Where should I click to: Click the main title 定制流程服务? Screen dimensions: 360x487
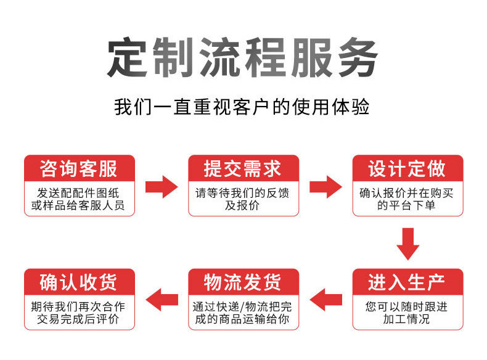click(x=242, y=58)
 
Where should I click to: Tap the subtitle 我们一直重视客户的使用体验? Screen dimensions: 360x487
click(x=242, y=107)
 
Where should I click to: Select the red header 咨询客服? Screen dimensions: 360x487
click(x=78, y=168)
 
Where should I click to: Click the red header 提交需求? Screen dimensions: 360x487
click(x=243, y=168)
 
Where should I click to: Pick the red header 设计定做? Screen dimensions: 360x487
click(x=407, y=168)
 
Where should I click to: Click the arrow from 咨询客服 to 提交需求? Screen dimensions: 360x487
click(x=161, y=186)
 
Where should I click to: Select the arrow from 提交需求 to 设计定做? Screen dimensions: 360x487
click(x=325, y=186)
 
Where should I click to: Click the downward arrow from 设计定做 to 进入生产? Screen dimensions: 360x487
click(x=407, y=243)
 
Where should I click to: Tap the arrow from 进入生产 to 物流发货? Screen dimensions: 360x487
click(x=325, y=300)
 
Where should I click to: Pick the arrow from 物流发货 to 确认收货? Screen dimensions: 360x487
click(x=161, y=300)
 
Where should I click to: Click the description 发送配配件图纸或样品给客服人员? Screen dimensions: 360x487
click(x=78, y=198)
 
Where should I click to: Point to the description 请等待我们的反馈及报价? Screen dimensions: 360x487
click(x=243, y=198)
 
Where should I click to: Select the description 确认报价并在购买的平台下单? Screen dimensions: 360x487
click(x=407, y=198)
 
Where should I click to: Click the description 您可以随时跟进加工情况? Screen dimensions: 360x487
click(x=407, y=313)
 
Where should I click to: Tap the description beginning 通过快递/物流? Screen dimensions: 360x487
click(x=243, y=313)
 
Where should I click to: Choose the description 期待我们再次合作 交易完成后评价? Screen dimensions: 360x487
click(x=78, y=313)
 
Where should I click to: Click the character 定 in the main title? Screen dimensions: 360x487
click(x=129, y=58)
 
